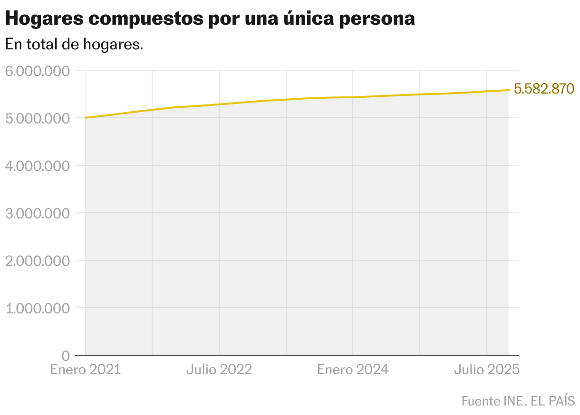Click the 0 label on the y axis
[x=66, y=356]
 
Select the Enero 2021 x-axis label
[x=86, y=369]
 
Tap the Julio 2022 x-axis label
[x=219, y=369]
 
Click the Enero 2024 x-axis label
[x=353, y=369]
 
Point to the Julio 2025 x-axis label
[x=486, y=369]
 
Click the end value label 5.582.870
[x=544, y=89]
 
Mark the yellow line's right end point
[x=509, y=90]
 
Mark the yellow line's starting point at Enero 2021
[x=85, y=117]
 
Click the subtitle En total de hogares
[x=74, y=45]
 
